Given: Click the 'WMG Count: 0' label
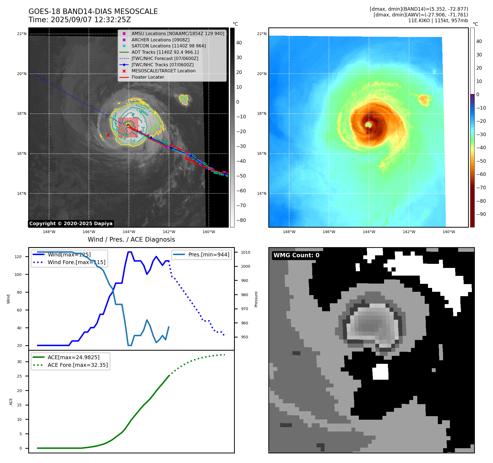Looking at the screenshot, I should click(x=296, y=255).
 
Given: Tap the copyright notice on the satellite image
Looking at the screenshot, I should click(x=71, y=224).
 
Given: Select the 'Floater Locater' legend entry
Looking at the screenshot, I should click(x=148, y=77).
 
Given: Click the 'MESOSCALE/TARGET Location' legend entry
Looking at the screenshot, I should click(x=163, y=71).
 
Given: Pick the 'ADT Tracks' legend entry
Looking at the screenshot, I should click(x=165, y=52).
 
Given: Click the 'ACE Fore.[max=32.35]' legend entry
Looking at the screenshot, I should click(x=78, y=365).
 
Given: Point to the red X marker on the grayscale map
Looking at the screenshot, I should click(x=108, y=135).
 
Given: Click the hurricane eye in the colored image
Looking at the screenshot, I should click(x=368, y=125).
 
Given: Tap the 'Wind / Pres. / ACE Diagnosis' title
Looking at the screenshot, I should click(x=131, y=239).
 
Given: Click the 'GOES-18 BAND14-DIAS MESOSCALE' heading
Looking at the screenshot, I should click(x=93, y=12).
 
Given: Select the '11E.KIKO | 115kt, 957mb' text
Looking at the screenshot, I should click(x=438, y=21).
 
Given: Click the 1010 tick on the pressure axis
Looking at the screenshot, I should click(x=246, y=252).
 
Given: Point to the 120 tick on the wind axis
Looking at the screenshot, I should click(x=18, y=257).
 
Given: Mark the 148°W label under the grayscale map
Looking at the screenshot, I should click(x=49, y=232).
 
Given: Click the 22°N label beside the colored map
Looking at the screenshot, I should click(x=261, y=34).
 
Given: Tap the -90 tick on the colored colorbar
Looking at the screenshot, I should click(x=481, y=214).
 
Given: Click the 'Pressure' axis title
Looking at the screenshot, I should click(x=256, y=299).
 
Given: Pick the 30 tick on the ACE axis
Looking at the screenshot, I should click(x=19, y=362).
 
